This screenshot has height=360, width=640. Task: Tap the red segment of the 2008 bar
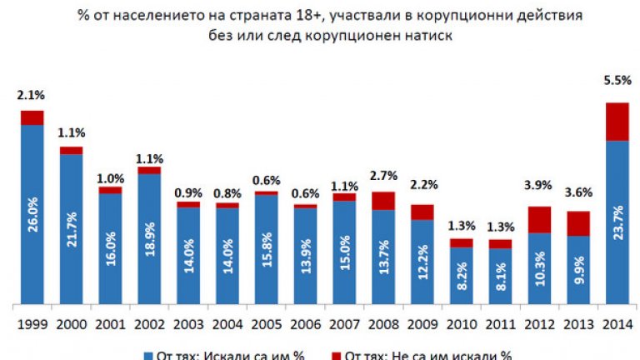point(383,200)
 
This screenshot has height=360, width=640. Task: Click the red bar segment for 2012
point(540,219)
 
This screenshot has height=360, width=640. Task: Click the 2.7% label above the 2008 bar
point(383,176)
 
